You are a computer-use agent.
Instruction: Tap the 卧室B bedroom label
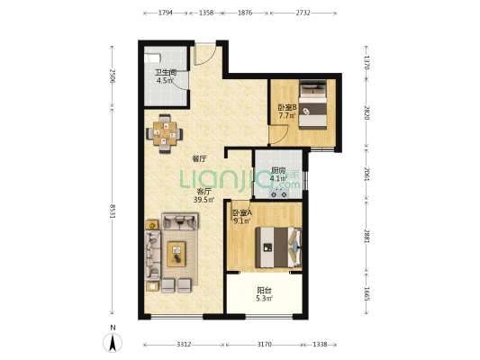287,108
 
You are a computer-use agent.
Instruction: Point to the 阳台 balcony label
264,290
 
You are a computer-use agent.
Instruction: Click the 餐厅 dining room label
199,158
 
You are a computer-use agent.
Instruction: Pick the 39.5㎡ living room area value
204,200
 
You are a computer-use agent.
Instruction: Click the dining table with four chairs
165,134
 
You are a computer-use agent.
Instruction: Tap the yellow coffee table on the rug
177,254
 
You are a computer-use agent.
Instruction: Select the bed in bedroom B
312,104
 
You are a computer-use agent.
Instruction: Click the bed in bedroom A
278,247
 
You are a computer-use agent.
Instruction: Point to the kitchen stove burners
278,193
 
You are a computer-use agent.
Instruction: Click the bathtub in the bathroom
152,58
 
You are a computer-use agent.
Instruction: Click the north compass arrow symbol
113,343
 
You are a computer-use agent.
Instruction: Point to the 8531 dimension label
112,211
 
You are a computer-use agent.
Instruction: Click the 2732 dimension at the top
303,13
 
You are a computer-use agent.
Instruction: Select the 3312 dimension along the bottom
184,345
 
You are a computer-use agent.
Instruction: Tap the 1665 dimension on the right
367,293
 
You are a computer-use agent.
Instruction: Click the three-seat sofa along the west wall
153,255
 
